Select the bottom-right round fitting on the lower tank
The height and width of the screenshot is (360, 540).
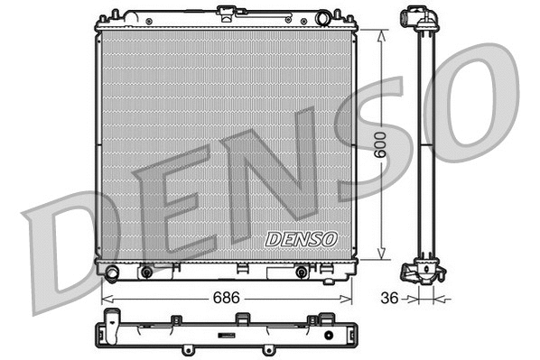point(301,271)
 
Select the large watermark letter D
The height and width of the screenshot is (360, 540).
point(63,247)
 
